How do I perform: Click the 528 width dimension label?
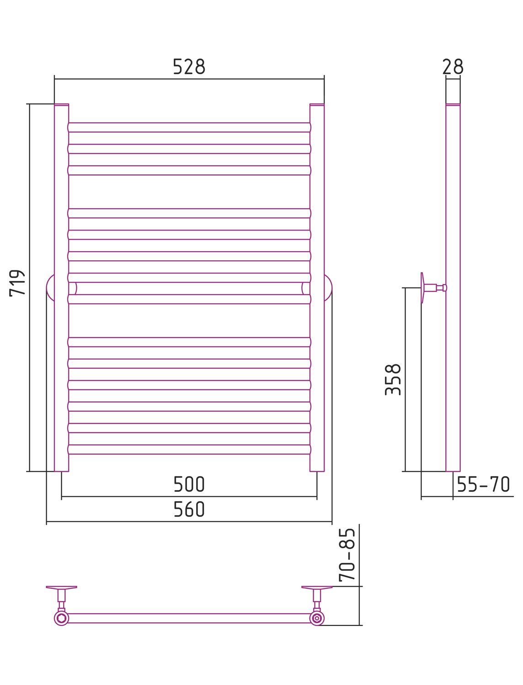[189, 67]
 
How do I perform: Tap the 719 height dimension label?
[17, 283]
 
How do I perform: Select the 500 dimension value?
[189, 485]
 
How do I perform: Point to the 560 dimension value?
[189, 510]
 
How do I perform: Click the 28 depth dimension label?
[453, 67]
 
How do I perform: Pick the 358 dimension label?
[393, 379]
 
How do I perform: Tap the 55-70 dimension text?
[483, 485]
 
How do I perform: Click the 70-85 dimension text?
[347, 555]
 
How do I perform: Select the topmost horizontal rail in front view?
[189, 127]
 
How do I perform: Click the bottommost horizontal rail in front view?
[189, 449]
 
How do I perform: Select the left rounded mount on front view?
[50, 288]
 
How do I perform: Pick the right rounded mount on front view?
[328, 288]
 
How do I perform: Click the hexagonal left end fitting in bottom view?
[61, 618]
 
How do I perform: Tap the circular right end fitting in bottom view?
[317, 618]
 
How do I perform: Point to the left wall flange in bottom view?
[61, 588]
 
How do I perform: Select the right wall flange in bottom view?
[317, 588]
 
